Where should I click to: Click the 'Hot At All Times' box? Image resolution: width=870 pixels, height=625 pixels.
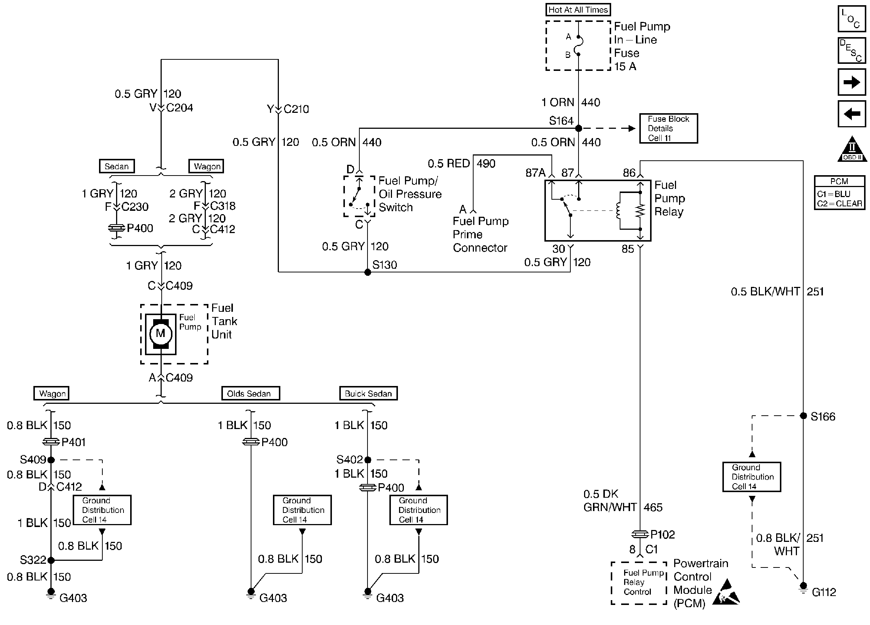(x=578, y=10)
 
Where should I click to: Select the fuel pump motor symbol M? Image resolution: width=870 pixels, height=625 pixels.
(x=160, y=333)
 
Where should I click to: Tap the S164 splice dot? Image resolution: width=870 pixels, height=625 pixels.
(x=579, y=128)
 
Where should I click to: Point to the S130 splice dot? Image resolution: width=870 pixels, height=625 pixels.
(x=368, y=272)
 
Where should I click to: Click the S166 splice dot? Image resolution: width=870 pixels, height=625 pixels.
(x=803, y=416)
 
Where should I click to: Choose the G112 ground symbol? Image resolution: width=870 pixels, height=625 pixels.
(x=803, y=588)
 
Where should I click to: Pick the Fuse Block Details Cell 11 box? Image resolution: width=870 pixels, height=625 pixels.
(x=668, y=129)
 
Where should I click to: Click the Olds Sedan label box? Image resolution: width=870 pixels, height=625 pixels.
(x=250, y=393)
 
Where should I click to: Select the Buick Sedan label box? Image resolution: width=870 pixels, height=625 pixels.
(x=368, y=393)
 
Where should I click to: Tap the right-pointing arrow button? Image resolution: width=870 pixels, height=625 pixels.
(x=851, y=82)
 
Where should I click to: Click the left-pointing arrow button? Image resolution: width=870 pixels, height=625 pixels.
(x=851, y=114)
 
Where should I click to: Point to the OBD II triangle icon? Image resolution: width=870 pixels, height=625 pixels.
(x=852, y=150)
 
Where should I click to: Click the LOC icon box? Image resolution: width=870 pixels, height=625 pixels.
(x=851, y=19)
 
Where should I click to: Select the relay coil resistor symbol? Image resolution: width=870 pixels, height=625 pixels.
(x=640, y=210)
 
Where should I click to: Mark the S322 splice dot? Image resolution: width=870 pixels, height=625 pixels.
(x=51, y=560)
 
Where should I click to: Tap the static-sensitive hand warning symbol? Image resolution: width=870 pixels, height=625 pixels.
(x=726, y=593)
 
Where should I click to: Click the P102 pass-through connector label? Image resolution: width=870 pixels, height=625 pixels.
(x=662, y=534)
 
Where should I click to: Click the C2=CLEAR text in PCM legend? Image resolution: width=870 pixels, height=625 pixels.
(x=839, y=203)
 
